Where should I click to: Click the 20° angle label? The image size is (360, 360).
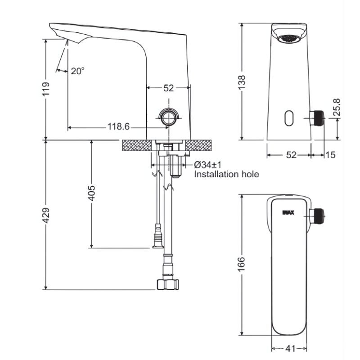tap(77, 71)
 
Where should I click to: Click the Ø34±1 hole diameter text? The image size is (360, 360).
tap(208, 165)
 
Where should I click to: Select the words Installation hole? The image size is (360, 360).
tap(226, 174)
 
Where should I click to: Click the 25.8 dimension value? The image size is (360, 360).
tap(337, 107)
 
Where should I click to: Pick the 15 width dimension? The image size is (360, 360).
tap(331, 155)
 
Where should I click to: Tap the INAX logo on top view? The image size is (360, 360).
tap(288, 212)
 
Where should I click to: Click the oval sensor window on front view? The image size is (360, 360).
tap(288, 118)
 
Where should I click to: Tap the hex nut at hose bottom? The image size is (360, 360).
tap(167, 284)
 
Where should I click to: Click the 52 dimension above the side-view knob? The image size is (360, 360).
tap(168, 89)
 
